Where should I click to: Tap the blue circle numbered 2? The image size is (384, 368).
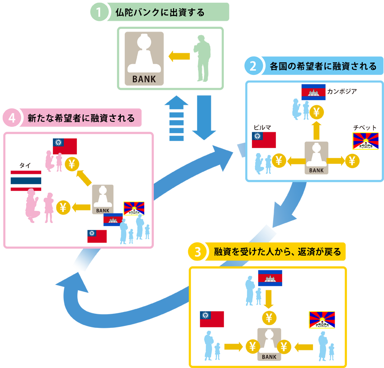[x=252, y=66]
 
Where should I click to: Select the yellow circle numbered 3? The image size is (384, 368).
[x=197, y=252]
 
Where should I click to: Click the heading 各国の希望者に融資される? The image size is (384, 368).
[x=323, y=66]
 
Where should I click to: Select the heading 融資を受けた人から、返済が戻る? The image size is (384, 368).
[x=277, y=252]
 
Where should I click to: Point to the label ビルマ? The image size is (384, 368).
[x=262, y=128]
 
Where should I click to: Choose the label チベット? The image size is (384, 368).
[x=365, y=128]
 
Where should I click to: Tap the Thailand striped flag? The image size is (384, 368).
[x=26, y=181]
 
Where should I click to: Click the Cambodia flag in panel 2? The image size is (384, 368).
[x=313, y=92]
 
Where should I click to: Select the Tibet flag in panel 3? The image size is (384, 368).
[x=322, y=320]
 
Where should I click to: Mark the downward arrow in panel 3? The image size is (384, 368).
[x=269, y=298]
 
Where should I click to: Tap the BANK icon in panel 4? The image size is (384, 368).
[x=103, y=199]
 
